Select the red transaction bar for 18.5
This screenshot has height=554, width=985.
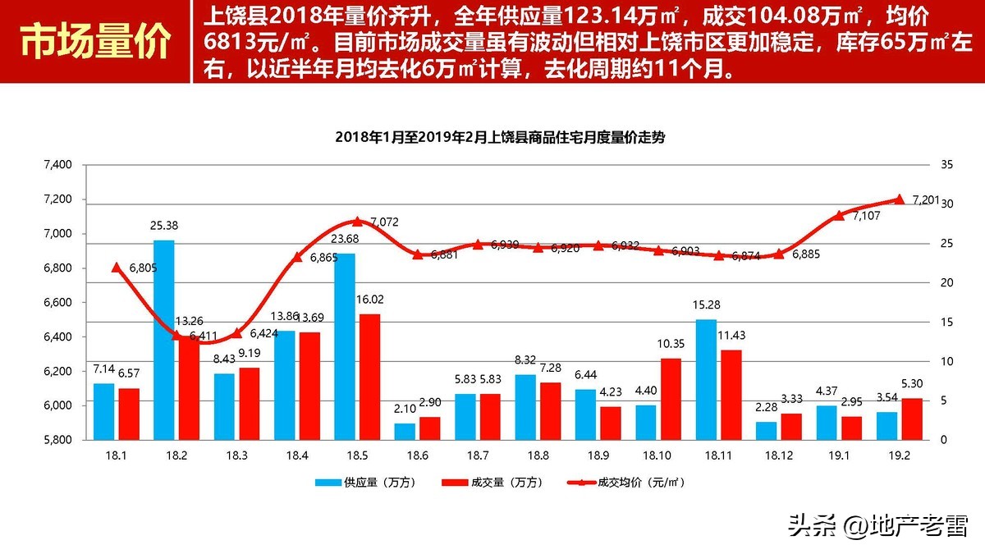pyautogui.click(x=347, y=376)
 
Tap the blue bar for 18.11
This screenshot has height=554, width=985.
pyautogui.click(x=706, y=379)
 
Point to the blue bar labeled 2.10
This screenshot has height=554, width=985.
pyautogui.click(x=405, y=432)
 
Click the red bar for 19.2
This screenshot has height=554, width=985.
pyautogui.click(x=911, y=419)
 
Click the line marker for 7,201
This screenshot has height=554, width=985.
pyautogui.click(x=899, y=199)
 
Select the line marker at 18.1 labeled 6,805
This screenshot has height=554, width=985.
pyautogui.click(x=116, y=267)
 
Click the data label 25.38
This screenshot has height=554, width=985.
pyautogui.click(x=164, y=225)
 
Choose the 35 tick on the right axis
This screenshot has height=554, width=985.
pyautogui.click(x=946, y=165)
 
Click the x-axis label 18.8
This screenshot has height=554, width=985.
pyautogui.click(x=538, y=453)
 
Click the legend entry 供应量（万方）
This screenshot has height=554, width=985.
pyautogui.click(x=365, y=483)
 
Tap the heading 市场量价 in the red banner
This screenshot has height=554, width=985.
pyautogui.click(x=95, y=42)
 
